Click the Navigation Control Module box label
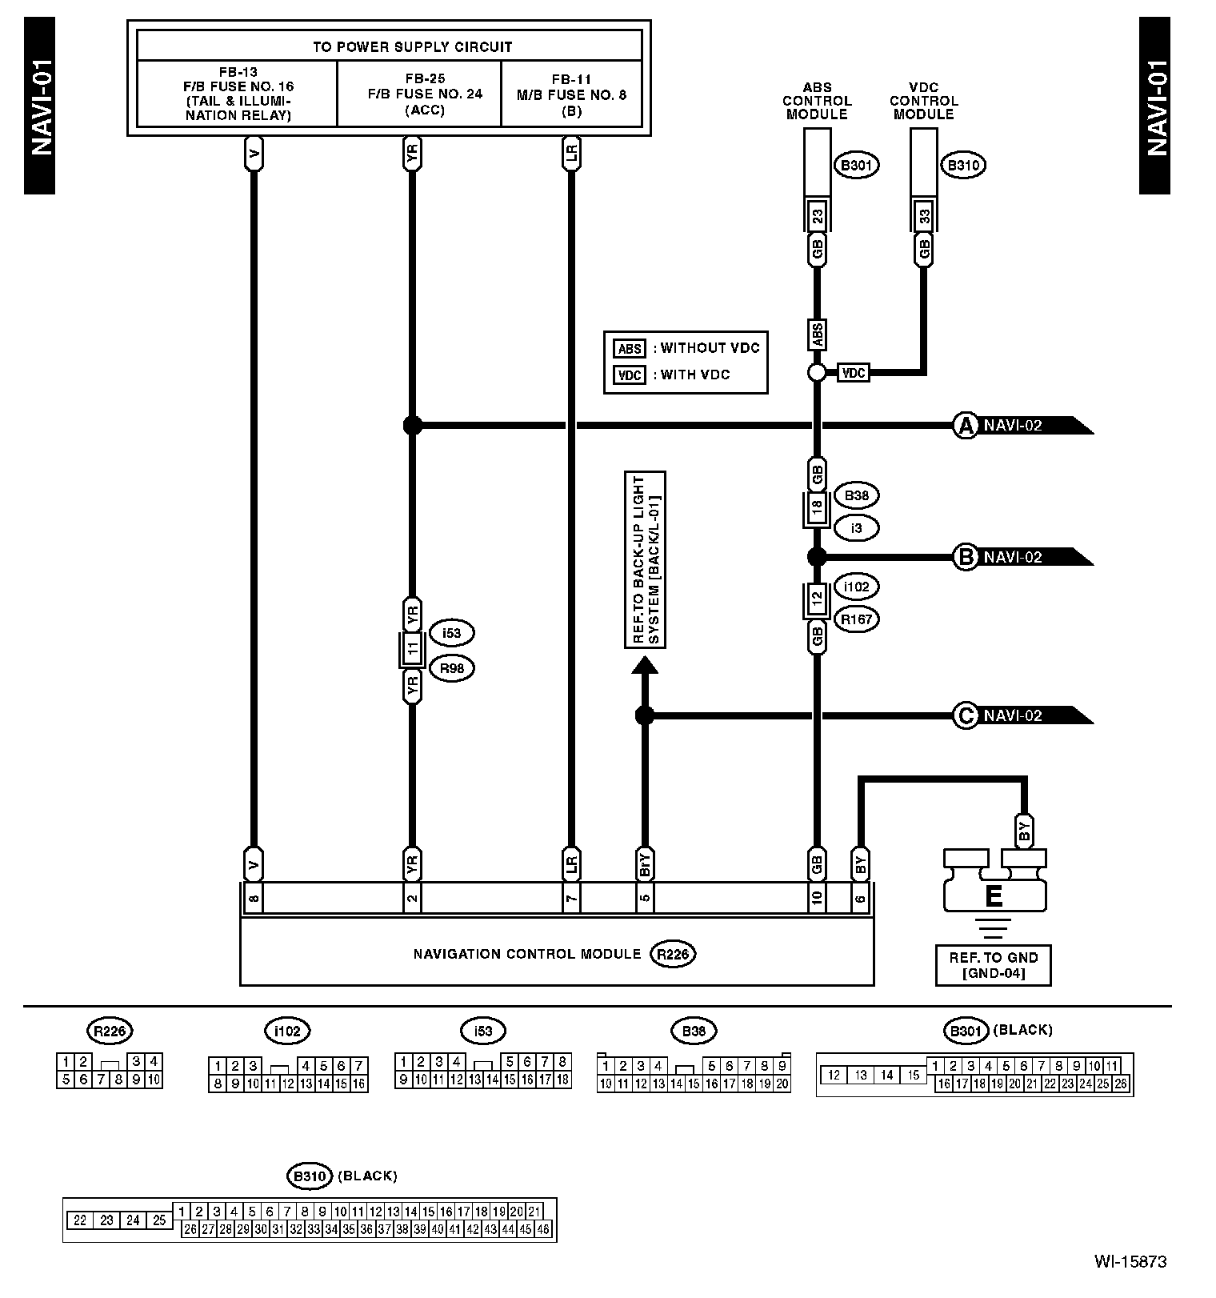(x=526, y=954)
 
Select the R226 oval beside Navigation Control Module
(x=673, y=954)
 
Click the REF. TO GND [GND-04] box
(x=993, y=965)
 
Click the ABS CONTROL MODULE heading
(x=817, y=101)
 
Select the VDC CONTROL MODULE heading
(x=923, y=101)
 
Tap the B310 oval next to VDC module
(x=963, y=166)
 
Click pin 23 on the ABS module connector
(x=817, y=216)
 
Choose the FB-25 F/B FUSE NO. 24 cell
(x=425, y=94)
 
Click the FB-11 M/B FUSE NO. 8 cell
(x=571, y=94)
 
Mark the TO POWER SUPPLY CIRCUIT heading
(x=390, y=46)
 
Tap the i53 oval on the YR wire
(x=451, y=633)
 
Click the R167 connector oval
(x=856, y=619)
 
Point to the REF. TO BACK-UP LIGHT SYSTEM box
(x=645, y=559)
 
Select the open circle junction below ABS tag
(x=817, y=372)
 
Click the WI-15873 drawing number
(x=1130, y=1262)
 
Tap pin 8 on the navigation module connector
(x=253, y=898)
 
